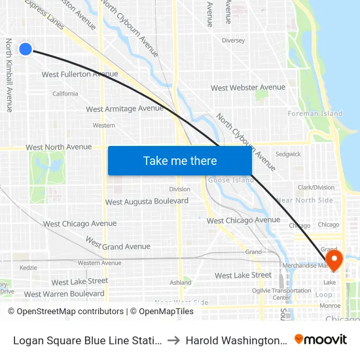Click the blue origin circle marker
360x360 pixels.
tap(26, 48)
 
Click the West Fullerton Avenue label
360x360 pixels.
tap(80, 75)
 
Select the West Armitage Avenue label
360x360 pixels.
tap(124, 109)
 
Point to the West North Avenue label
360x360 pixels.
tap(59, 147)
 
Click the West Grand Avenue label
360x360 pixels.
tap(118, 246)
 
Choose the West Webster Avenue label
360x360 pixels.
tap(247, 88)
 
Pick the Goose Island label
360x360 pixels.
tap(221, 180)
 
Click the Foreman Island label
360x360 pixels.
tap(315, 114)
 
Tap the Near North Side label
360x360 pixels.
tap(304, 200)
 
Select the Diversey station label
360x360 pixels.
tap(233, 41)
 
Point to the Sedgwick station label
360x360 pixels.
tap(288, 154)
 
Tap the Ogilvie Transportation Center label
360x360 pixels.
tap(281, 294)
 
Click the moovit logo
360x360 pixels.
tap(320, 339)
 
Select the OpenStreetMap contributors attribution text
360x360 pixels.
tap(65, 312)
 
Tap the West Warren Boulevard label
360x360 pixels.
tap(64, 294)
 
